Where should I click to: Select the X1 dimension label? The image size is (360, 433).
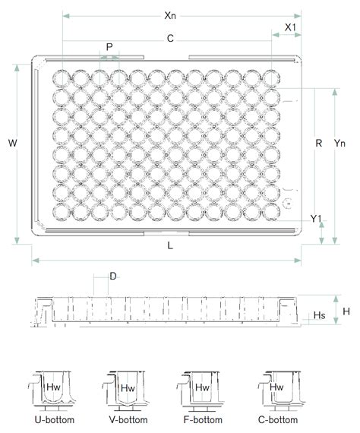coord(290,27)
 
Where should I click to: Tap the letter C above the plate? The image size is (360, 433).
coord(169,37)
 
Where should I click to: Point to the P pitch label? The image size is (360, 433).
coord(109,47)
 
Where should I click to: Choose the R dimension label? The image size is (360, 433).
coord(320,143)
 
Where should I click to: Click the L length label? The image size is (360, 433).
coord(170,246)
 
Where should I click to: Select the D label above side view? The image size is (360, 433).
coord(112,277)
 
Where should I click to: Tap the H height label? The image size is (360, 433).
coord(346,311)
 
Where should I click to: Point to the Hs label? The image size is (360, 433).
coord(320,314)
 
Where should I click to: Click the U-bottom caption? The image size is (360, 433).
coord(49,420)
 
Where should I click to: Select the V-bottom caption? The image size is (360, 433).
coord(125,420)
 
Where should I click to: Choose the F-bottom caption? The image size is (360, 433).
coord(201,420)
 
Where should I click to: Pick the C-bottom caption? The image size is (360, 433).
coord(276,420)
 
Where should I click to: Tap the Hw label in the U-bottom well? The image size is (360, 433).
coord(53,387)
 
